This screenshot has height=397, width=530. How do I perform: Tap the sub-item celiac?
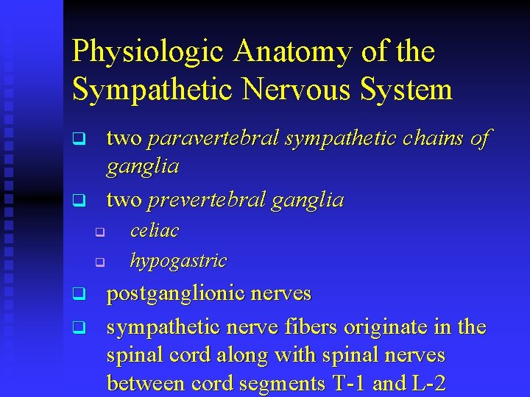click(154, 230)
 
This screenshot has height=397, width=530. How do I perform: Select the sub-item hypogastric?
click(178, 260)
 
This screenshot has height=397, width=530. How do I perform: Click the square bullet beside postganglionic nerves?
click(77, 295)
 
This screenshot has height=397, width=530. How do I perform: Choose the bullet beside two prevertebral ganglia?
click(77, 200)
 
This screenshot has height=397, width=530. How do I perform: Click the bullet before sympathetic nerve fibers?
click(77, 326)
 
